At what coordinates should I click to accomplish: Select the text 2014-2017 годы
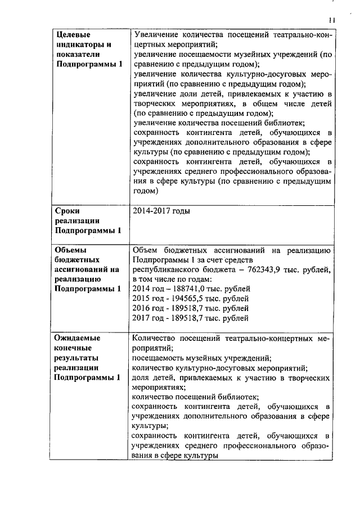[x=160, y=211]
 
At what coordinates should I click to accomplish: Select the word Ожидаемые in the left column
[x=77, y=339]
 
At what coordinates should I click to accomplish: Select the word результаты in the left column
[x=76, y=358]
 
